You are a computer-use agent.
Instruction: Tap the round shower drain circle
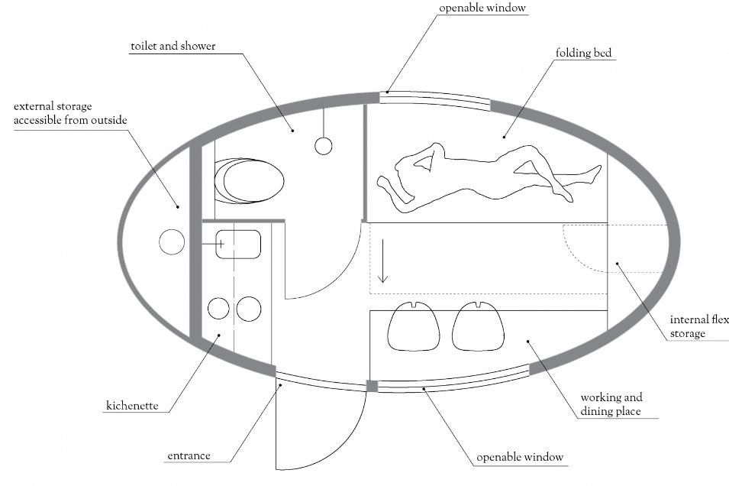[x=324, y=146]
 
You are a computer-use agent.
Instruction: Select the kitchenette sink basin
[x=238, y=244]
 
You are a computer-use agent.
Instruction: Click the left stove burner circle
[x=218, y=308]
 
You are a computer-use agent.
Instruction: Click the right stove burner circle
[x=249, y=309]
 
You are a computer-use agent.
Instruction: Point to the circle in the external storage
[x=172, y=242]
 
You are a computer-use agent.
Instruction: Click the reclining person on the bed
[x=489, y=177]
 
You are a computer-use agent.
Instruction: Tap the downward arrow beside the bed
[x=382, y=261]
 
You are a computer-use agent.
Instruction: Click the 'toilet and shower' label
[x=173, y=46]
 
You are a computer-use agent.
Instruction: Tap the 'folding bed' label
[x=583, y=53]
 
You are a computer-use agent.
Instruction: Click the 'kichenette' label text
[x=133, y=406]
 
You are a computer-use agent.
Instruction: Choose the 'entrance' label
[x=189, y=455]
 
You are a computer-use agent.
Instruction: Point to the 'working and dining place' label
[x=611, y=404]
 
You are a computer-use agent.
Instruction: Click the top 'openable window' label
[x=482, y=8]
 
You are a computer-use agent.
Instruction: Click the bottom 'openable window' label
[x=520, y=457]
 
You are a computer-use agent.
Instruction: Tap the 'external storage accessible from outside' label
[x=70, y=113]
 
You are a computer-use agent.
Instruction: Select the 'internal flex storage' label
[x=698, y=326]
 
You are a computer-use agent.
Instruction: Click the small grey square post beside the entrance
[x=372, y=386]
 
